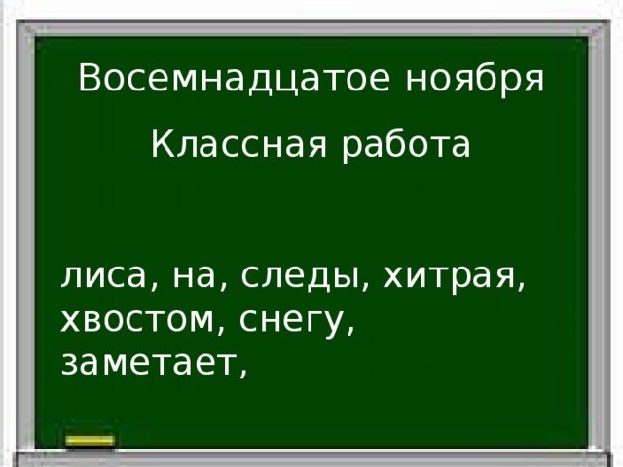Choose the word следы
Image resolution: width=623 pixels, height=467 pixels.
[x=298, y=279]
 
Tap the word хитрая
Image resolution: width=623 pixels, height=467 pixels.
[x=447, y=279]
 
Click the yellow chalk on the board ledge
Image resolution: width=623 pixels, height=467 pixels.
[x=91, y=442]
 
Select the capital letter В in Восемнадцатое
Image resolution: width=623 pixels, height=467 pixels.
[x=89, y=77]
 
